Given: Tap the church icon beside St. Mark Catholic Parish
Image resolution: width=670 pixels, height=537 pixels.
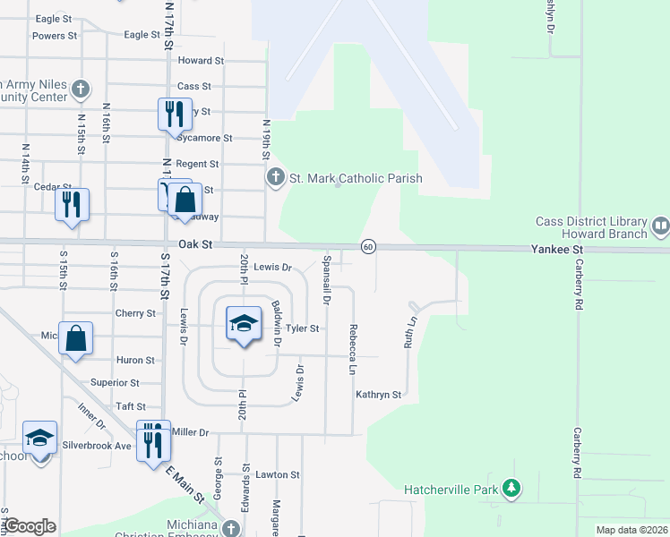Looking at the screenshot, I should click(276, 178).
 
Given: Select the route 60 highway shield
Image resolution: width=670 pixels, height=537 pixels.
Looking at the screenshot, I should click(368, 246).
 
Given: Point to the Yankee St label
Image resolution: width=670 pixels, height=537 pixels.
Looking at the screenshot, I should click(556, 250).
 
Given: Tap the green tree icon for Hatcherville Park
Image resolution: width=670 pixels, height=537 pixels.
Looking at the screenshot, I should click(511, 489).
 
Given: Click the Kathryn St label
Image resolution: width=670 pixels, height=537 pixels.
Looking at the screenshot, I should click(377, 394).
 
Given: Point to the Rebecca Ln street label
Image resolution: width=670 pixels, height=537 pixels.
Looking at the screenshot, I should click(353, 349).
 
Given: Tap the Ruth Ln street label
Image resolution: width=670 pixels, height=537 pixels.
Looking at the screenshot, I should click(414, 331).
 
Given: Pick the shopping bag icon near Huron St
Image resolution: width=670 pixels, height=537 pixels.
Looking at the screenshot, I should click(76, 339).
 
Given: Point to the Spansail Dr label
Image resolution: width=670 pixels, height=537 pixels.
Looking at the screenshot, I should click(328, 281).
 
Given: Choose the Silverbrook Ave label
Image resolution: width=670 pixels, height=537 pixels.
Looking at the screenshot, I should click(99, 445).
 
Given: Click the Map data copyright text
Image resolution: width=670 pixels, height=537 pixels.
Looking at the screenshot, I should click(631, 530).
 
